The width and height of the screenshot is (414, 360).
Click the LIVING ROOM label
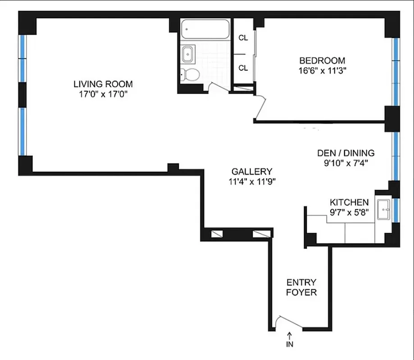103,84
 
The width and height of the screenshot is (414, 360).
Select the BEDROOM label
322,60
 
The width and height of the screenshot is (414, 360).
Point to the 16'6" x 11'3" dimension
322,70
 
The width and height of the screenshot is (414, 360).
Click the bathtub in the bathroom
205,31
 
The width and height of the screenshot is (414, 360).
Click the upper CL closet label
243,38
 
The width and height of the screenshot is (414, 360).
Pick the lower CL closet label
243,68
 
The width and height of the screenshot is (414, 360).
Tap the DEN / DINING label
346,153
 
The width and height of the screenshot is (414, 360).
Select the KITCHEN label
349,202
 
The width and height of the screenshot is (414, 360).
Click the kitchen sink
384,209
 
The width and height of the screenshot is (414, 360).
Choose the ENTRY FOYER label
301,287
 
